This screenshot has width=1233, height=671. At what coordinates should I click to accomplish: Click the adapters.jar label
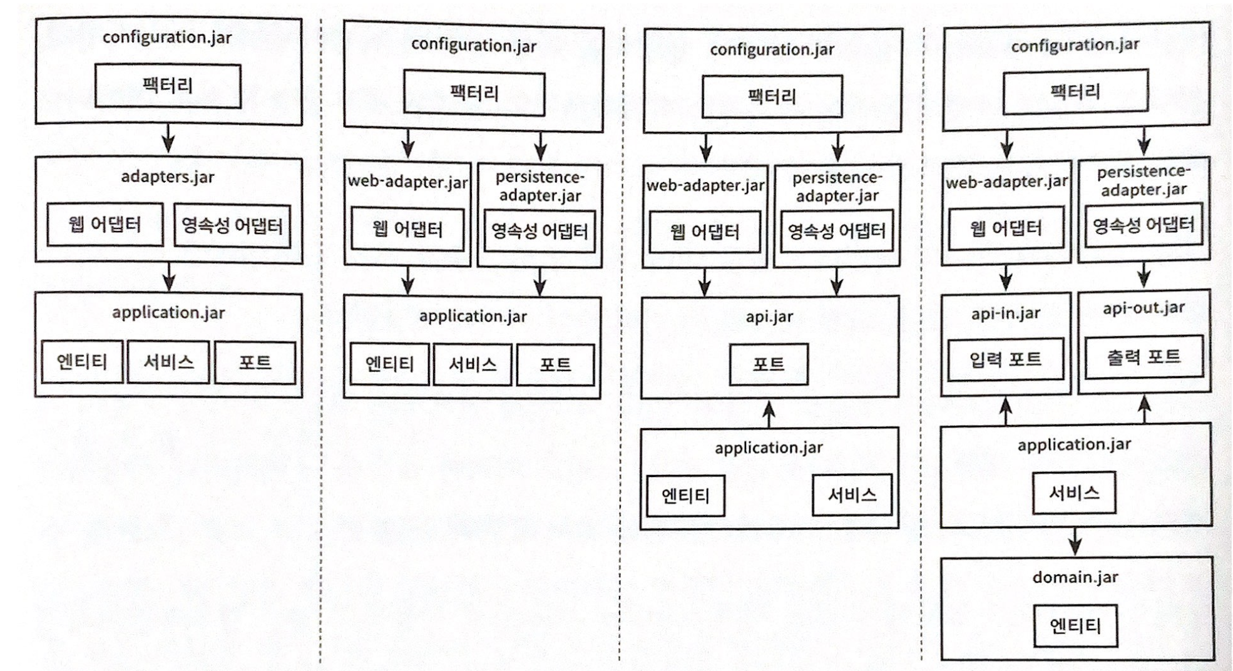coord(168,177)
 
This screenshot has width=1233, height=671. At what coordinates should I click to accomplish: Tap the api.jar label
coord(769,317)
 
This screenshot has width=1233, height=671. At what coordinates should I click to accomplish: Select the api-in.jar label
coord(1005,314)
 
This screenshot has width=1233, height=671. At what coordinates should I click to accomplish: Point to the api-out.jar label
coord(1143,308)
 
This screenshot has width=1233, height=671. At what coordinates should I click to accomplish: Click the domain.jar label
coord(1075,577)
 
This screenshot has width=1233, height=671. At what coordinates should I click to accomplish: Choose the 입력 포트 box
coord(1005,359)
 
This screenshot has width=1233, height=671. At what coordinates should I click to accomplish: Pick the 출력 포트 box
coord(1143,357)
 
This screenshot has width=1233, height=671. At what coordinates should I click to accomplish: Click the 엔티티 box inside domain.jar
coord(1075,625)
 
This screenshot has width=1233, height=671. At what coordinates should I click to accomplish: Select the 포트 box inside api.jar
coord(769,364)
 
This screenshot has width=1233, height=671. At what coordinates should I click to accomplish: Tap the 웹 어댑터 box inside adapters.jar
coord(105,224)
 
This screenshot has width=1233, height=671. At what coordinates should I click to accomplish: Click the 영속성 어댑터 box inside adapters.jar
coord(232,225)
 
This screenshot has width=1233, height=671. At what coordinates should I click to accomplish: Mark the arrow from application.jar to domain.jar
coord(1075,541)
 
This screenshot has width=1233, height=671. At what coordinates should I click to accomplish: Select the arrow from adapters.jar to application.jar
coord(168,277)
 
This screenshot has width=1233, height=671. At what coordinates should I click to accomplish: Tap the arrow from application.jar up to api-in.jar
coord(1006,410)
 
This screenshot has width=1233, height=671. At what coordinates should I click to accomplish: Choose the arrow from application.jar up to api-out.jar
coord(1144,408)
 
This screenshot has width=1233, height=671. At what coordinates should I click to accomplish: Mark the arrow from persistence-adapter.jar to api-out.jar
coord(1144,275)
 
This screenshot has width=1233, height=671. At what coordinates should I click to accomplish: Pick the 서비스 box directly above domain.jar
coord(1074,493)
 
